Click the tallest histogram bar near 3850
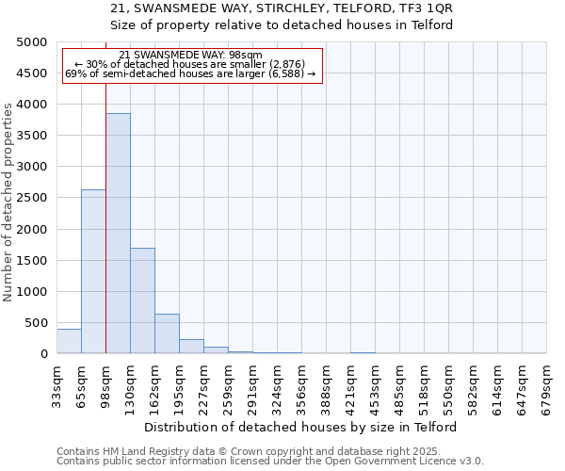118,234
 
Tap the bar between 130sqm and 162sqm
142,300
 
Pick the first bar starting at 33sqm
69,341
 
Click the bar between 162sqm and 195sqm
167,333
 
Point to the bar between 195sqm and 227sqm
191,346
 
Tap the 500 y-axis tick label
36,323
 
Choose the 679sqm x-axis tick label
546,387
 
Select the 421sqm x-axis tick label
350,387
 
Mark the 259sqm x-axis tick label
228,387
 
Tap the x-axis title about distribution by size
300,427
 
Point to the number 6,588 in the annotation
286,73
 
